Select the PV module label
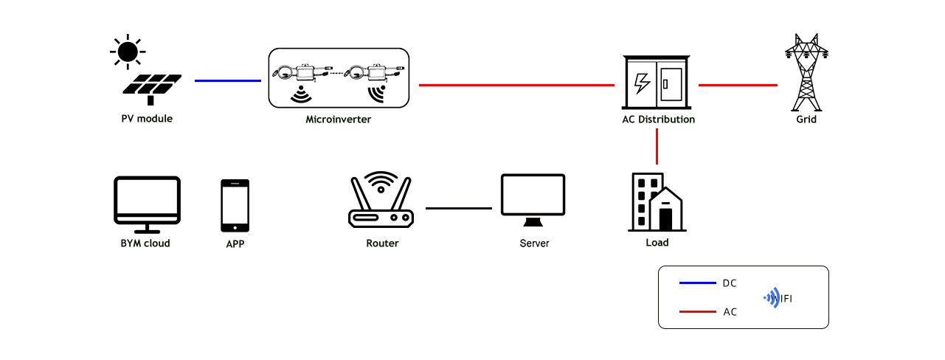147,118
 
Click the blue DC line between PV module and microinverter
227,80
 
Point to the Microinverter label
338,119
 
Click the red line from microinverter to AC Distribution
516,86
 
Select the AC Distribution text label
658,119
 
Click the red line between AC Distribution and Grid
738,86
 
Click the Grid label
806,119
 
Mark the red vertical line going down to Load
657,148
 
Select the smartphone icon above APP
235,205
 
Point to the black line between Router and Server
458,208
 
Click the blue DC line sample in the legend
697,283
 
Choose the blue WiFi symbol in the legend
772,297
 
